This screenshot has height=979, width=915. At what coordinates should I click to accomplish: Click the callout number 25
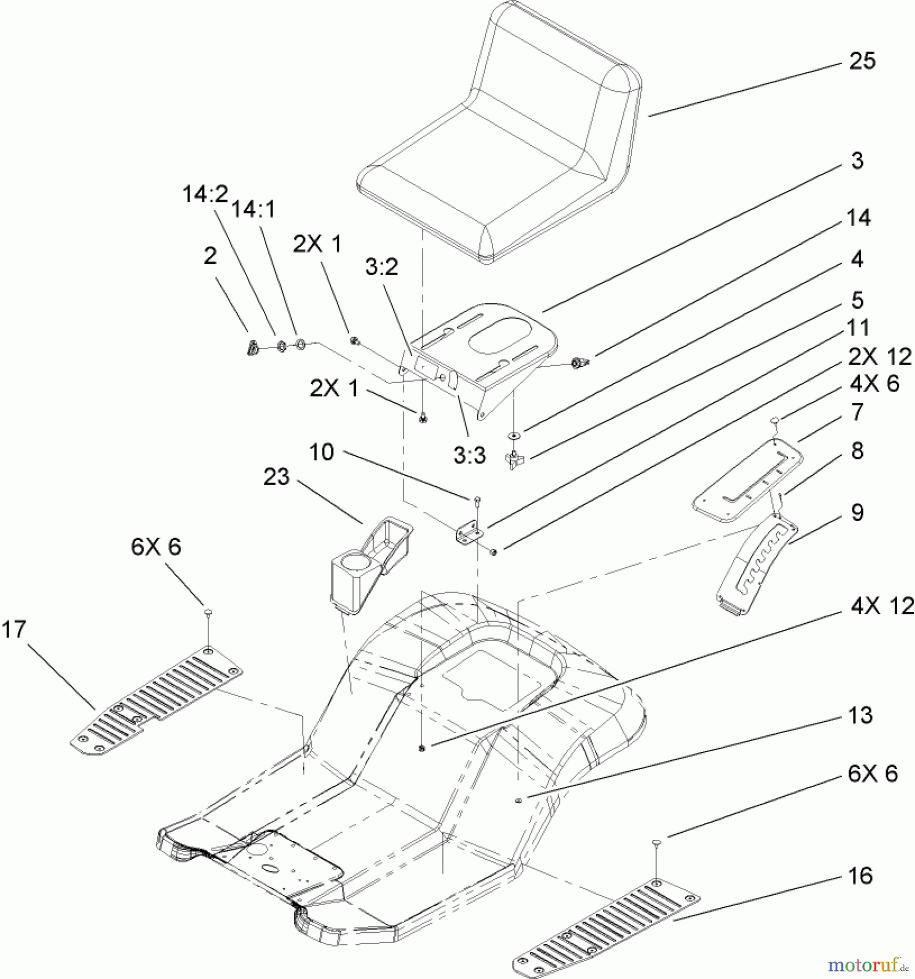(862, 61)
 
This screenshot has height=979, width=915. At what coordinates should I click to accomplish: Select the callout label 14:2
(205, 194)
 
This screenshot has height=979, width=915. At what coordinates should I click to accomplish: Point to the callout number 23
(276, 477)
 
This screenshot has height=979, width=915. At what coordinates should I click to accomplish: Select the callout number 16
(860, 876)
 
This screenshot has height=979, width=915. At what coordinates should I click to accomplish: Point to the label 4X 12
(882, 605)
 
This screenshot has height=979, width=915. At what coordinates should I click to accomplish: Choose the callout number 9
(857, 512)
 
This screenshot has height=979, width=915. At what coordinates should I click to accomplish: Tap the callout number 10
(322, 451)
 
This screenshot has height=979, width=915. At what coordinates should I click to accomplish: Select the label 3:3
(469, 456)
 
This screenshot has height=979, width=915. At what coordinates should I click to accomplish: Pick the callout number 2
(210, 256)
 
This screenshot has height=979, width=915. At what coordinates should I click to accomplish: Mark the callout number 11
(858, 327)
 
